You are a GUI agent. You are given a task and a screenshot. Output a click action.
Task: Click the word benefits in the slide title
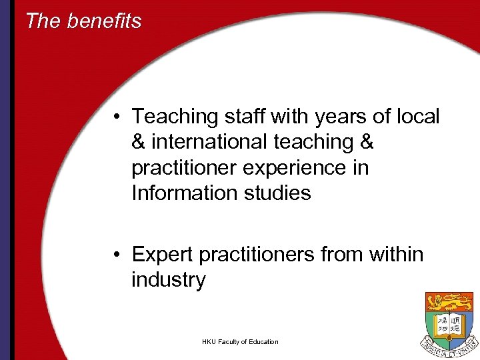coord(104,21)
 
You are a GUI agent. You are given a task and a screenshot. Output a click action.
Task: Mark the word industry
coord(169,280)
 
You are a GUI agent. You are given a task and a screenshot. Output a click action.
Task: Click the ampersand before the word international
coord(139,142)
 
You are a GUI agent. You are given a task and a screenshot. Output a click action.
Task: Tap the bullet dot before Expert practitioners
coord(116,255)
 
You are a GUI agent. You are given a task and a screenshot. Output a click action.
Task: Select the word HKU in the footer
coord(210,342)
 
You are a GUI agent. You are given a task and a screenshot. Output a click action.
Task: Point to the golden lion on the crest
coord(449,303)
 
